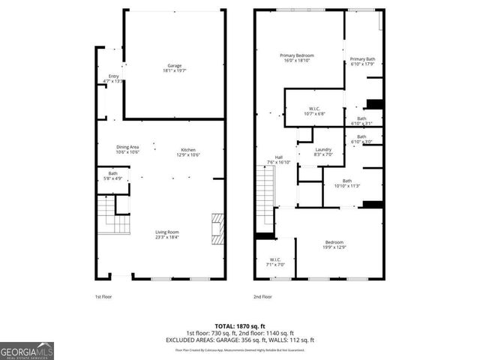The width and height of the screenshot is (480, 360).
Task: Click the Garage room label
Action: pos(174,67)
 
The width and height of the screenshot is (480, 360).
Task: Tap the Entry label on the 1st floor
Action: pos(114,79)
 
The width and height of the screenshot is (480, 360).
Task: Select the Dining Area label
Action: pos(127,149)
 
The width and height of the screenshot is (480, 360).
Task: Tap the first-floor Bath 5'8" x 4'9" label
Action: pos(112,176)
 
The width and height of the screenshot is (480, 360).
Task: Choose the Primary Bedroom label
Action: pos(297,58)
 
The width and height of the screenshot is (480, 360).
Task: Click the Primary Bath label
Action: pos(362,61)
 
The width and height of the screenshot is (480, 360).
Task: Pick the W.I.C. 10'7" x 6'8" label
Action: pos(314,111)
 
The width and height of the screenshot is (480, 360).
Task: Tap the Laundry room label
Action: pos(323,152)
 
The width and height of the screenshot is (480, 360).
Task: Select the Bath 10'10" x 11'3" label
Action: pos(347,183)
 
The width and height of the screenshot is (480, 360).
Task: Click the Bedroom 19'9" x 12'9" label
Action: pos(334,244)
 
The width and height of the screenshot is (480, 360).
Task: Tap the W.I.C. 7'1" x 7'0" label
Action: pos(275,262)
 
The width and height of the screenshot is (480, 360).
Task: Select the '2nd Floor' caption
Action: pos(263,296)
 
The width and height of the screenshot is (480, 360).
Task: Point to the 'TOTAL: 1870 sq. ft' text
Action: pos(239,325)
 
